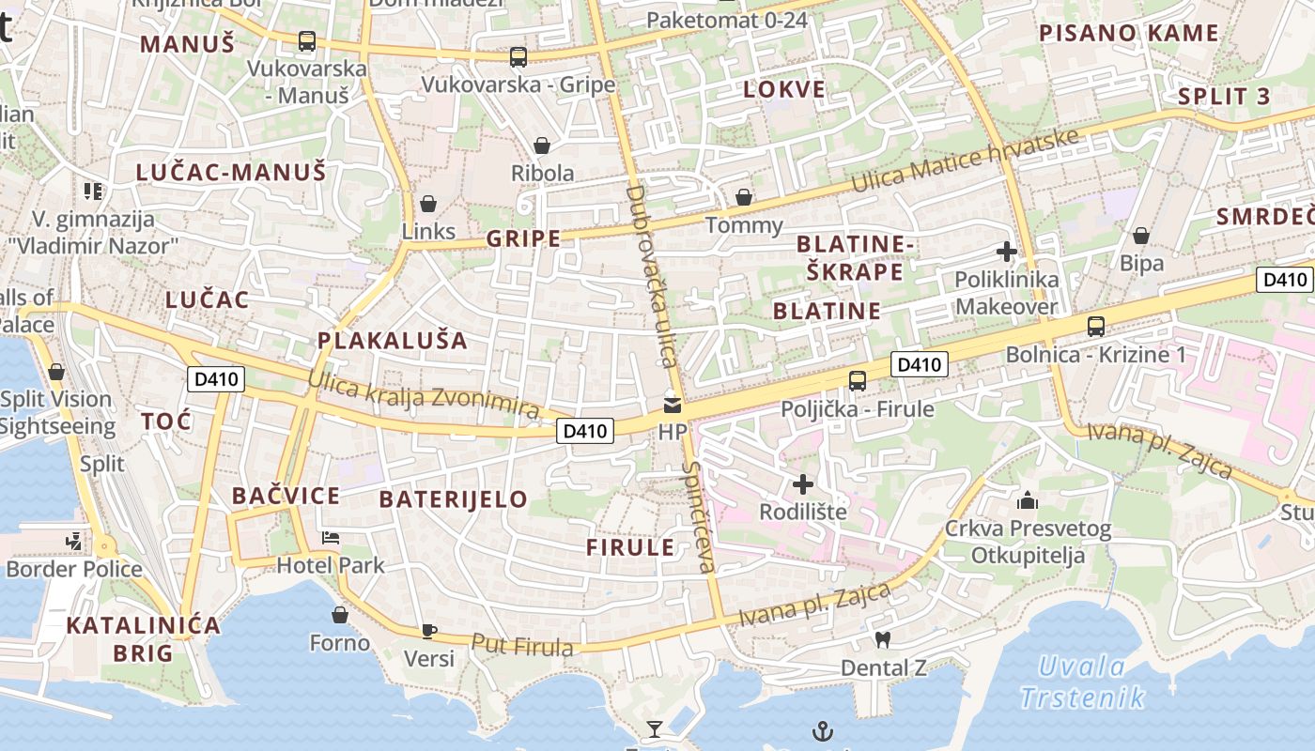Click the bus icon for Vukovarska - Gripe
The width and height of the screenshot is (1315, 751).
[518, 57]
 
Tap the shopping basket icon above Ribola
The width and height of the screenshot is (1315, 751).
[542, 146]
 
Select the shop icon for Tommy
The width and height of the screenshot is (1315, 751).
[743, 197]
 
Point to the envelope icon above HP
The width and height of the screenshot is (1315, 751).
[673, 406]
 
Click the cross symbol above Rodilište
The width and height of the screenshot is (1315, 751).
[803, 484]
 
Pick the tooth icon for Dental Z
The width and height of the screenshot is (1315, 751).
[882, 640]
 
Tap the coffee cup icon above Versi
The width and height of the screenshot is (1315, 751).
[429, 631]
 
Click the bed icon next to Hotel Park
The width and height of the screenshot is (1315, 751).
[331, 538]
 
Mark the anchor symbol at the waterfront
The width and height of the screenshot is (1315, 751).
[823, 730]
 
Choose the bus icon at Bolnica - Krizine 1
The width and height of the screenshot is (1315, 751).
[1095, 327]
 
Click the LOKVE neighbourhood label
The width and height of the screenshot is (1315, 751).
[784, 90]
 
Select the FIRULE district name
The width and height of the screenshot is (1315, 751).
[631, 547]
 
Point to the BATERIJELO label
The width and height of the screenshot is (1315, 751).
[454, 499]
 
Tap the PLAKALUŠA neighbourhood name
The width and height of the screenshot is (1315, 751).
[393, 341]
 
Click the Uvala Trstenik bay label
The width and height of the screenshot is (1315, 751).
[1082, 682]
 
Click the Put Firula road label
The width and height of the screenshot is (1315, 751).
[522, 645]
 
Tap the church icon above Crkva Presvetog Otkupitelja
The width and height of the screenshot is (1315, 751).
[1028, 500]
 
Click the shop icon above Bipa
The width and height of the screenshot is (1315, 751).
[1141, 235]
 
